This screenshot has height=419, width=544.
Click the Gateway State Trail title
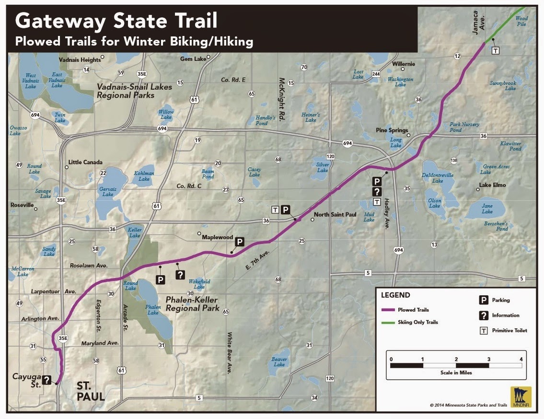point(116,21)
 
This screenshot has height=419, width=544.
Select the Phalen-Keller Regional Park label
point(192,304)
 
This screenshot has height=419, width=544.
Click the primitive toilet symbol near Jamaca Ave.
point(496,50)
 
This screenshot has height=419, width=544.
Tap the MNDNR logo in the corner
point(521,397)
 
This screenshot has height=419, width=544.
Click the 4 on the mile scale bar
point(521,359)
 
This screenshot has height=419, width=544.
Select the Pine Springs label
point(392,130)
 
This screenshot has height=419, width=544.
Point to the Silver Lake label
point(323,167)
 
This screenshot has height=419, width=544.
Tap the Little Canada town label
point(86,162)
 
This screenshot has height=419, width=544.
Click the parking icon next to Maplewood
point(240,242)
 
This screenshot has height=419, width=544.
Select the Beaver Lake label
point(279,362)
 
